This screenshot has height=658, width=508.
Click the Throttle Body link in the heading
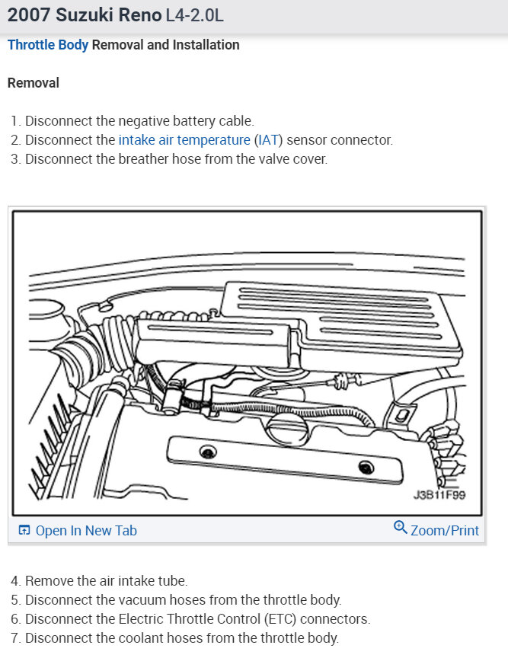coord(48,45)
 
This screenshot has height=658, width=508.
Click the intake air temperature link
coord(184,140)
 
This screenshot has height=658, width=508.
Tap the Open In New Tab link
coord(86,531)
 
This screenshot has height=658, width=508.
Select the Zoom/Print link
coord(445,531)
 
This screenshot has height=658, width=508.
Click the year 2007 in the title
coord(27,15)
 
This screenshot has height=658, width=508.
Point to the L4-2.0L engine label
coord(194,15)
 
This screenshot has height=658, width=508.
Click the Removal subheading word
coord(33,82)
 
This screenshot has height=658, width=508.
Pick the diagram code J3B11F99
coord(439,494)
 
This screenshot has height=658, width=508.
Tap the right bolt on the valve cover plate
coord(368,467)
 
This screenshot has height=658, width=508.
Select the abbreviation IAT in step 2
coord(268,140)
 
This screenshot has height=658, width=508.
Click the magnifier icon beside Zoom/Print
coord(400,528)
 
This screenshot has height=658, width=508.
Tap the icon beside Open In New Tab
coord(24,531)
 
